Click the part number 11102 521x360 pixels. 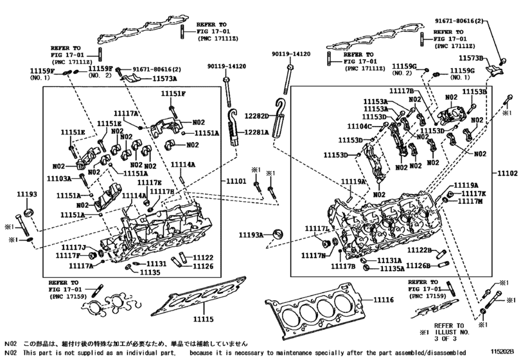click(508, 174)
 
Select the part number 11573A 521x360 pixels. click(165, 78)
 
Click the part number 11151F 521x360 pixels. click(173, 94)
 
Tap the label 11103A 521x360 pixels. click(59, 178)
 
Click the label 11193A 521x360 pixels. click(251, 235)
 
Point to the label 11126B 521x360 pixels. click(417, 265)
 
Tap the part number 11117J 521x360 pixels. click(74, 247)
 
